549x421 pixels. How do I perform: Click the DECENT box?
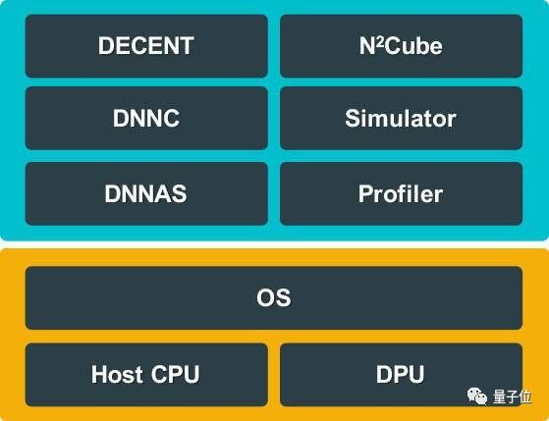point(146,46)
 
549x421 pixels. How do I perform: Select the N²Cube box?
point(402,46)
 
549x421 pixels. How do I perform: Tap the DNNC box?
point(146,119)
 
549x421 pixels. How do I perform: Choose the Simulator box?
point(402,119)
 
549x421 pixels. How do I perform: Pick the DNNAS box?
point(146,193)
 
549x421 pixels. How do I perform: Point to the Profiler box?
point(402,193)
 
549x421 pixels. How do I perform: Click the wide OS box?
point(274,297)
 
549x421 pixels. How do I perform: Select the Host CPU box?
point(146,375)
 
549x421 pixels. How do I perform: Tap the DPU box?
point(402,375)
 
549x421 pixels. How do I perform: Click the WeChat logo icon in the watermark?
point(477,395)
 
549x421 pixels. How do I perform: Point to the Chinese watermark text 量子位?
point(513,396)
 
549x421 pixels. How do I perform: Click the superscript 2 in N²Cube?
point(380,41)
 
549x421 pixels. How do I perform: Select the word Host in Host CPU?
point(117,375)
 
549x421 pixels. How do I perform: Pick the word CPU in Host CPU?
point(176,375)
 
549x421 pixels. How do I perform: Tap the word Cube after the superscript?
point(413,46)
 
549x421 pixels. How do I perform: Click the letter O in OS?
point(265,297)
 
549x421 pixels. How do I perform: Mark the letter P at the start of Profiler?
point(365,193)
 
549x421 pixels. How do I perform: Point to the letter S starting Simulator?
point(352,119)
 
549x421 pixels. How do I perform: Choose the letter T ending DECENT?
point(186,45)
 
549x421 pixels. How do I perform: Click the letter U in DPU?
point(416,375)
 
